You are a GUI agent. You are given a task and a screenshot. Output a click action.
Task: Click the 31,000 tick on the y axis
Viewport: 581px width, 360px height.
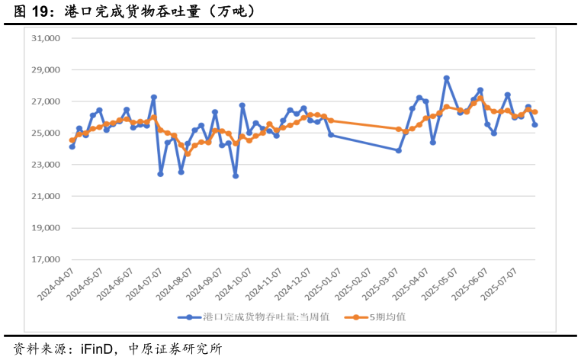pyautogui.click(x=45, y=38)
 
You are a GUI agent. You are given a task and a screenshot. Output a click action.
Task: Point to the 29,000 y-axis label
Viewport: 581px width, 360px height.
pyautogui.click(x=45, y=70)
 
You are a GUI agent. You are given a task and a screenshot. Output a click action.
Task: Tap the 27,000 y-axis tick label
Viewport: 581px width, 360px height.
pyautogui.click(x=45, y=101)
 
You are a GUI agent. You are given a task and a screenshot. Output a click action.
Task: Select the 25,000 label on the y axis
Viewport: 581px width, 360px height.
pyautogui.click(x=45, y=133)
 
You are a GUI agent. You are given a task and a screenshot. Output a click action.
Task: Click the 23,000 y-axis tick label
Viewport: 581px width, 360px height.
pyautogui.click(x=45, y=165)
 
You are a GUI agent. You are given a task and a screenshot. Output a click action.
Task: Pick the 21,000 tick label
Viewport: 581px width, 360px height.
pyautogui.click(x=45, y=197)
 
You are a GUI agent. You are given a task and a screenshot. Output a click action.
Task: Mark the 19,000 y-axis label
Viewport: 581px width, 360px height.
pyautogui.click(x=45, y=228)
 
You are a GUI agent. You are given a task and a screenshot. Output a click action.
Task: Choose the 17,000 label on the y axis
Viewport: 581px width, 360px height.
pyautogui.click(x=45, y=260)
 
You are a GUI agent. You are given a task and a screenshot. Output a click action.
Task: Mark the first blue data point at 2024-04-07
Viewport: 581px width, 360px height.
pyautogui.click(x=72, y=146)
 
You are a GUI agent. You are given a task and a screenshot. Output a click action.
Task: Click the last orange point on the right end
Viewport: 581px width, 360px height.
pyautogui.click(x=535, y=112)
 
